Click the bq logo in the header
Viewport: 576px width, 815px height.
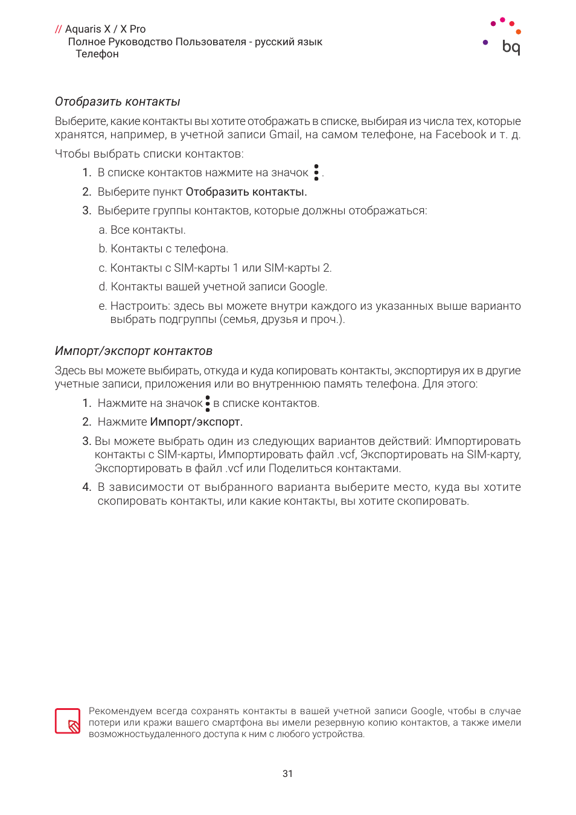(510, 46)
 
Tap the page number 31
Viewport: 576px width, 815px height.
(287, 773)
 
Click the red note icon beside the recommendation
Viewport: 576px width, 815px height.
(68, 721)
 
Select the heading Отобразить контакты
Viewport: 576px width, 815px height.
(118, 101)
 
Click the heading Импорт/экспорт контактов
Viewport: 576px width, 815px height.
(133, 351)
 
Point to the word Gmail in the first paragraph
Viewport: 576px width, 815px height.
(284, 135)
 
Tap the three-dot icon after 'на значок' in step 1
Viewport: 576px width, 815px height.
(316, 173)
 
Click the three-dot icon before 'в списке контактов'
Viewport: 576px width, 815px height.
(208, 403)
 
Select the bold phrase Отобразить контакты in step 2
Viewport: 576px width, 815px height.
(246, 192)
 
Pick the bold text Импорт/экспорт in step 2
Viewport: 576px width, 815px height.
(196, 422)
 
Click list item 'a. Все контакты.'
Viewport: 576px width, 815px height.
(142, 230)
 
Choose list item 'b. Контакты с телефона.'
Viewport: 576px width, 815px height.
(164, 249)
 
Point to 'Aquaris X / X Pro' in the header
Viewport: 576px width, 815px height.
(105, 29)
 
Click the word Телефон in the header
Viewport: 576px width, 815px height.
(97, 54)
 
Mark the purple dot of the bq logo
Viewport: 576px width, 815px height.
(485, 42)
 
